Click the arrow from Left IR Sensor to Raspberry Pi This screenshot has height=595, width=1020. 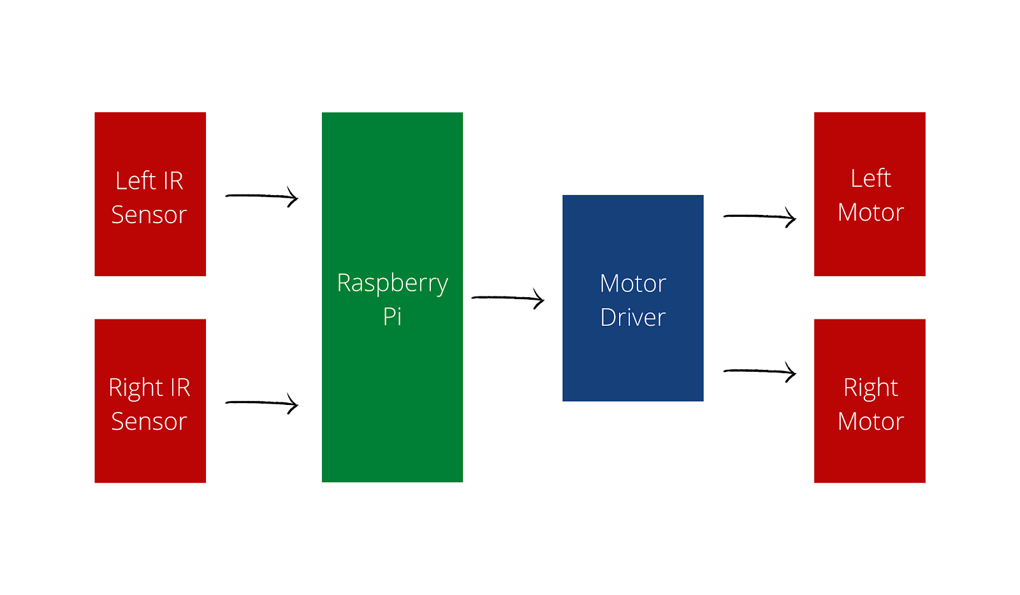[261, 196]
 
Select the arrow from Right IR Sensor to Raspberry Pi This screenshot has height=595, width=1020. [261, 403]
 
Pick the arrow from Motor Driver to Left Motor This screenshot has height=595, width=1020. [759, 217]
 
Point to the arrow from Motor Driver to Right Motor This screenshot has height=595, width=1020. [759, 371]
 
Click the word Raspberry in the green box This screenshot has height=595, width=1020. [392, 283]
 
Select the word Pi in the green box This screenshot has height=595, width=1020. [392, 316]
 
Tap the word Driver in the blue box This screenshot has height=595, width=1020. [633, 318]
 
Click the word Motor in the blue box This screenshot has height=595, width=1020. [633, 283]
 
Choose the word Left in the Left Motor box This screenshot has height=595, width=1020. [870, 179]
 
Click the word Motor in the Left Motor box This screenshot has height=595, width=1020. [871, 212]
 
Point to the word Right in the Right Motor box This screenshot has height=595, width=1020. [870, 388]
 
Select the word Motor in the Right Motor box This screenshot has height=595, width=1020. [871, 422]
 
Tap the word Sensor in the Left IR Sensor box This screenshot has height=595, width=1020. [149, 215]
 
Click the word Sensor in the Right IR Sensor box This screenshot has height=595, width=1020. [149, 422]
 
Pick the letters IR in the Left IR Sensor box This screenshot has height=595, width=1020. [172, 181]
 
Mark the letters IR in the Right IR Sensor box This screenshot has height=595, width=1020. [180, 388]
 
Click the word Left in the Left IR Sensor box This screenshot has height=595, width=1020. [136, 181]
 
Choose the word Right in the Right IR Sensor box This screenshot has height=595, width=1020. [136, 388]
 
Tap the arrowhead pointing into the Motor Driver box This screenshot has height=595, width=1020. [539, 299]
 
